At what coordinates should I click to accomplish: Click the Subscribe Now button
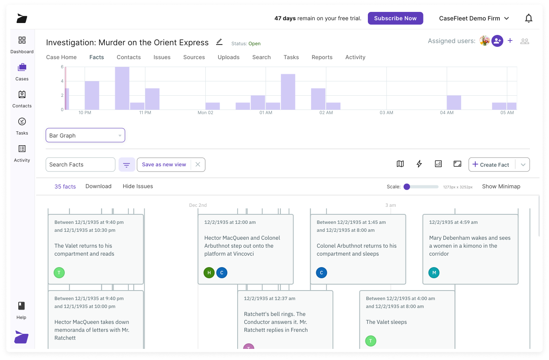[x=395, y=18]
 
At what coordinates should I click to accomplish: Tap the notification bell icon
[x=528, y=18]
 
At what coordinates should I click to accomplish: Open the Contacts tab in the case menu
[x=129, y=57]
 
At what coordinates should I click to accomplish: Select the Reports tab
[x=322, y=57]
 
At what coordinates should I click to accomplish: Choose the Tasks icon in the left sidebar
[x=22, y=125]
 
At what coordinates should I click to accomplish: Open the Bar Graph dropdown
[x=85, y=135]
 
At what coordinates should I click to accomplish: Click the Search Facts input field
[x=81, y=165]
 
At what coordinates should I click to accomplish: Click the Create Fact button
[x=492, y=165]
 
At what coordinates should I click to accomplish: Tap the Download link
[x=99, y=186]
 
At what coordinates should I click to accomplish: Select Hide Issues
[x=138, y=186]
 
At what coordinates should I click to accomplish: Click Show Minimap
[x=501, y=187]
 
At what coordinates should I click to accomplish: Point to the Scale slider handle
[x=407, y=187]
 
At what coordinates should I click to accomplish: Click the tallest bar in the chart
[x=122, y=88]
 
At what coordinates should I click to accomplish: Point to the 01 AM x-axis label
[x=266, y=113]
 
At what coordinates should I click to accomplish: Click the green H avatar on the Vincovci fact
[x=209, y=273]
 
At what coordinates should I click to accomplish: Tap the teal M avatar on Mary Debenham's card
[x=434, y=273]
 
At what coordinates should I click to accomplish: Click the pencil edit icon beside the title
[x=219, y=42]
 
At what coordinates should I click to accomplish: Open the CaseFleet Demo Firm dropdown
[x=474, y=18]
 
